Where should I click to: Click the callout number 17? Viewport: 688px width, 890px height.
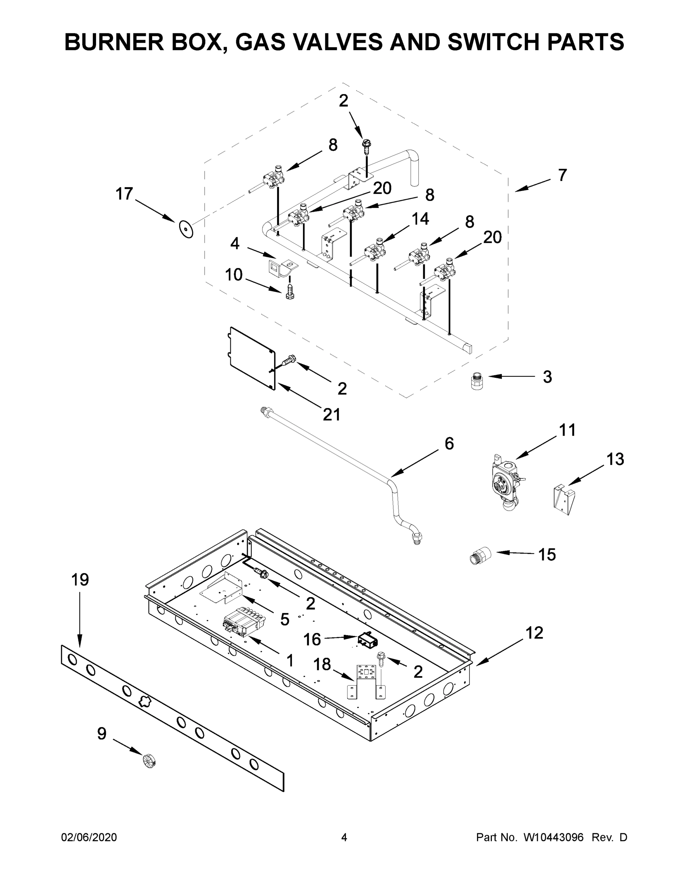point(124,194)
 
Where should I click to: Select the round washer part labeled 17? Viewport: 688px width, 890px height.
point(186,230)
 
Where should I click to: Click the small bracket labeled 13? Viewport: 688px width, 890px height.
point(564,500)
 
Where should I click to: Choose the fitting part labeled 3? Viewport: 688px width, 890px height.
point(474,380)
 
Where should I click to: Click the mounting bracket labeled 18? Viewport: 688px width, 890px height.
point(365,681)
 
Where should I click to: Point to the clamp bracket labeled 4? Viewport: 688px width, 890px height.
point(282,267)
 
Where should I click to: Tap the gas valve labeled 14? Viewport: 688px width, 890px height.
point(374,252)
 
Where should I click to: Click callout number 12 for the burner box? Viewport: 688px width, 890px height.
point(534,633)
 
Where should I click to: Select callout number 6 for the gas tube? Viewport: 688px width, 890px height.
point(449,444)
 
